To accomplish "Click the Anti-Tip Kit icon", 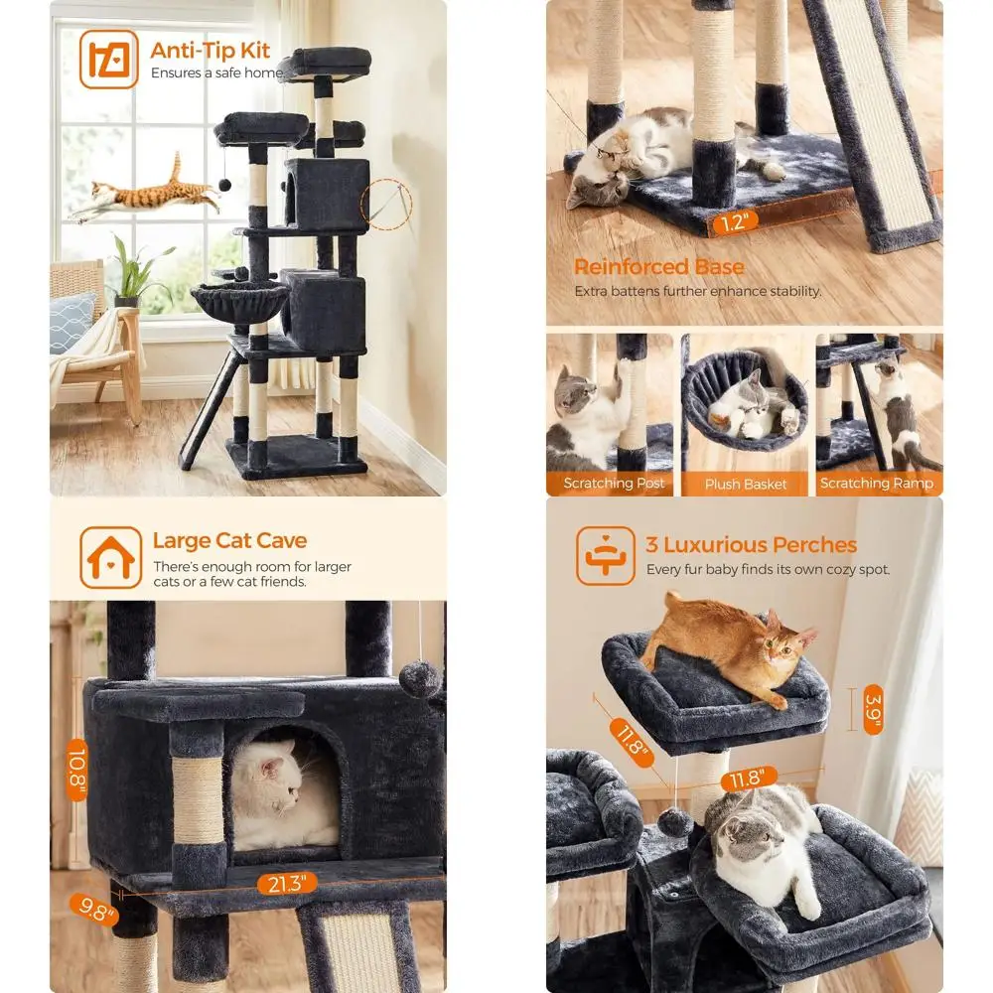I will (x=109, y=60).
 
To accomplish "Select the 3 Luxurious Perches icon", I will (x=605, y=556).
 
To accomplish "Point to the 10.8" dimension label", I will (x=76, y=770).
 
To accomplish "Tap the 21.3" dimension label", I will (x=286, y=883).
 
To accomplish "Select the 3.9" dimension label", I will (x=873, y=709).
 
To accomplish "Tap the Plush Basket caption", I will (x=746, y=484).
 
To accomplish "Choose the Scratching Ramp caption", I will (x=877, y=484).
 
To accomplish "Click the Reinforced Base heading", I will (x=658, y=267).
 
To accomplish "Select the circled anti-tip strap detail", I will (x=388, y=205).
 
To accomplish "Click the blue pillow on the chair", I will (x=73, y=322).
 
